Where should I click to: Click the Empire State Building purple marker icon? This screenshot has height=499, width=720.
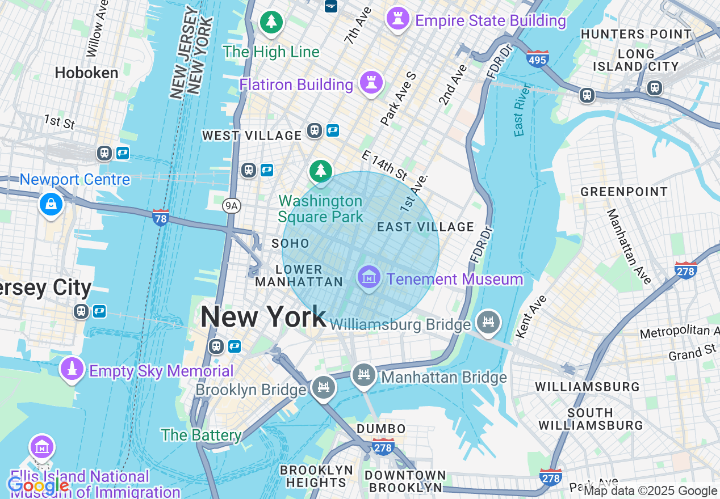pos(397,19)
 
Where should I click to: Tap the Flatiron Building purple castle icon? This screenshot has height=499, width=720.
pos(371,83)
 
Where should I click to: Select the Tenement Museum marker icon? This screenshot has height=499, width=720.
pos(369,278)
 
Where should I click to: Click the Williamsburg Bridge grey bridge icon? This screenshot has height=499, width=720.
pos(488,322)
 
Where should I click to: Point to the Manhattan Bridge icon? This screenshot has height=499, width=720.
pos(363,375)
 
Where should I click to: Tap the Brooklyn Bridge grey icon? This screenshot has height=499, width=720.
pos(324,388)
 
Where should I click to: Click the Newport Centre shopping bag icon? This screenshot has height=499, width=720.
pos(51,204)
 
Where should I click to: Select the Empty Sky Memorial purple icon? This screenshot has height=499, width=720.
pos(72,369)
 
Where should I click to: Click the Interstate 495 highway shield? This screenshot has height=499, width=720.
pos(537,58)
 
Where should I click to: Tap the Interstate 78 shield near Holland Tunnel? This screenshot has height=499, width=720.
pos(161,217)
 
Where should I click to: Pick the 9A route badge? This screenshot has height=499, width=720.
pos(231,206)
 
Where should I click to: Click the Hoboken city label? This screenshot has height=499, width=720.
pos(87,73)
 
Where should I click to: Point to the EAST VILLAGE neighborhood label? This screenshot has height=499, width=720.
pos(425,227)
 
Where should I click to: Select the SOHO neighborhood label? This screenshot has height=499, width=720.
pos(290,244)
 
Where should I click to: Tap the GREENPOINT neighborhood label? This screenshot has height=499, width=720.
pos(623,192)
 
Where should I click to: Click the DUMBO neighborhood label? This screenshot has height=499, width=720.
pos(381,429)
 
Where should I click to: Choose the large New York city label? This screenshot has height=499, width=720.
pos(263,316)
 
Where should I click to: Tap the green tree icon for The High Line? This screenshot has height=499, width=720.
pos(271,23)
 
